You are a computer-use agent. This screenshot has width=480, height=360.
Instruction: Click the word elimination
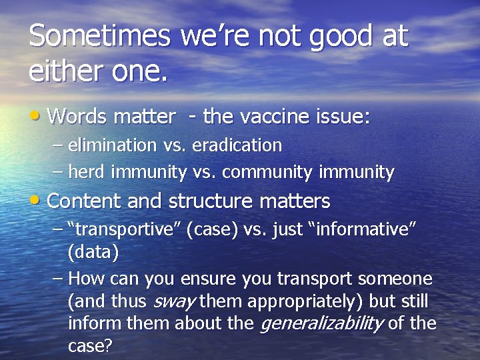[112, 145]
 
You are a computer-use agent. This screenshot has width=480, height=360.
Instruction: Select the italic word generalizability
[321, 324]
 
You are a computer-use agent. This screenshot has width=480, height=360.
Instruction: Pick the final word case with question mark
[90, 346]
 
